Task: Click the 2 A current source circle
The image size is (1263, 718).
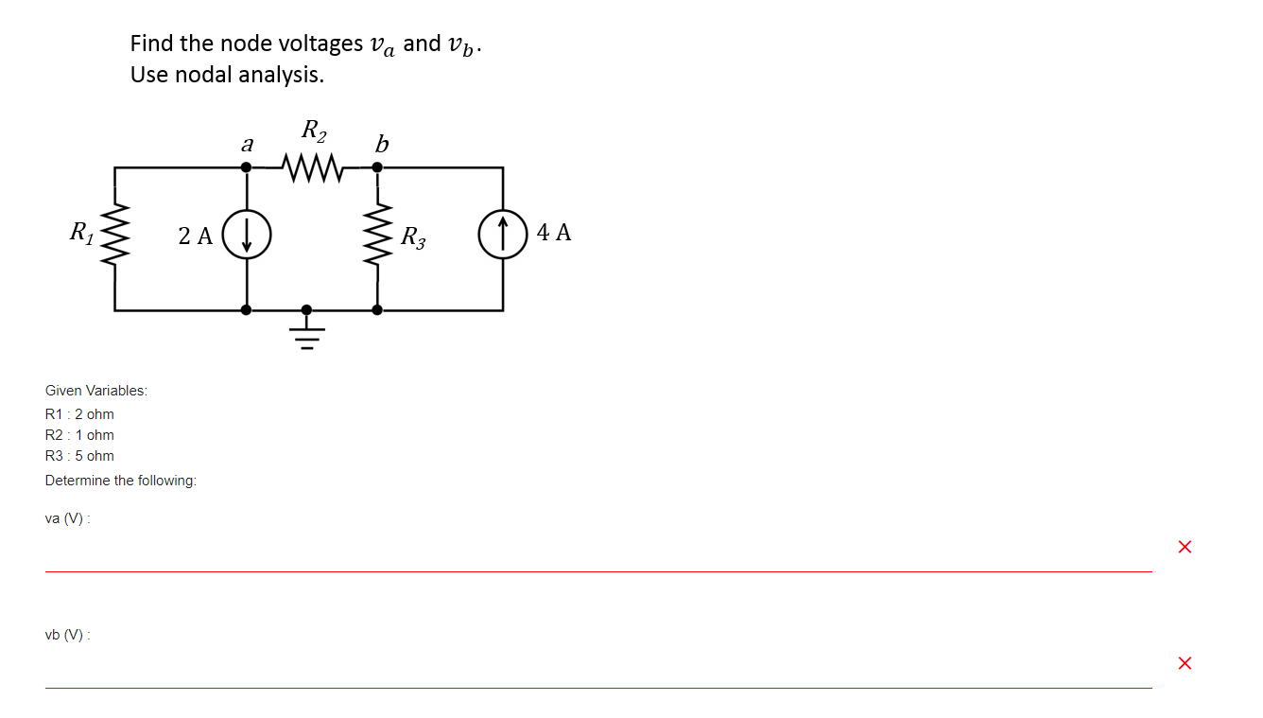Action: tap(247, 235)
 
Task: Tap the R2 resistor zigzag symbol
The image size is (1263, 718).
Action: tap(311, 168)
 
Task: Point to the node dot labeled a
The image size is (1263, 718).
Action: tap(247, 167)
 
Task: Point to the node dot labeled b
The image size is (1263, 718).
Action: tap(377, 167)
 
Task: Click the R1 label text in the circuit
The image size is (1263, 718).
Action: tap(81, 231)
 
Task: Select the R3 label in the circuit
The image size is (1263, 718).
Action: tap(412, 236)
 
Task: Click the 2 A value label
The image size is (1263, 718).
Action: tap(196, 236)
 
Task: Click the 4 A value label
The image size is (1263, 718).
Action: tap(554, 233)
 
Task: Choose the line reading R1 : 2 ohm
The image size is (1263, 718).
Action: tap(79, 414)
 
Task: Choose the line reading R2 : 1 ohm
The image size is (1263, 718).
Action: tap(79, 435)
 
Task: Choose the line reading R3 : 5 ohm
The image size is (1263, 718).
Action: tap(79, 456)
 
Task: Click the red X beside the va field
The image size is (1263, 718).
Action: tap(1185, 547)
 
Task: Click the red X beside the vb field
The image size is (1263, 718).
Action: tap(1185, 663)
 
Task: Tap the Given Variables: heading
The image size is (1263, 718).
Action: tap(96, 391)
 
